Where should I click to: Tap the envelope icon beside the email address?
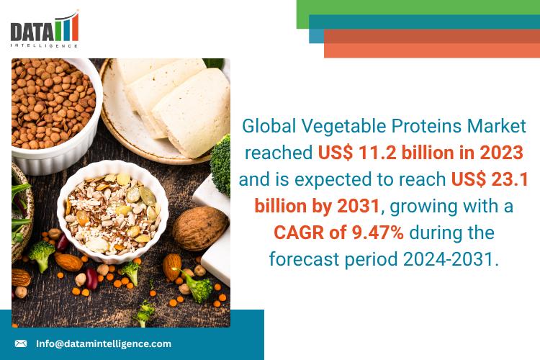click(21, 343)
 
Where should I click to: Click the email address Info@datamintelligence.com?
click(104, 343)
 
